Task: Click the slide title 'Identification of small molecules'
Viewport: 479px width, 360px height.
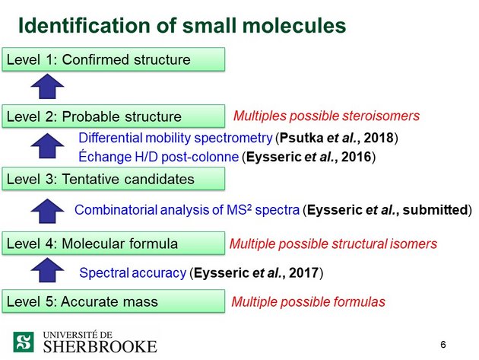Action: coord(182,26)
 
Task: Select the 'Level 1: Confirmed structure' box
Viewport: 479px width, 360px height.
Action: coord(114,59)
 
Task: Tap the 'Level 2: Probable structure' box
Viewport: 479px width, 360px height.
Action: coord(114,116)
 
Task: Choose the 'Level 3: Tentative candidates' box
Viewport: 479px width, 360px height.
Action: coord(114,180)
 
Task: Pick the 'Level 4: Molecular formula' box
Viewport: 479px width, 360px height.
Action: coord(114,244)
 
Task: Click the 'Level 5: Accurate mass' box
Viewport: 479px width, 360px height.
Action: coord(114,301)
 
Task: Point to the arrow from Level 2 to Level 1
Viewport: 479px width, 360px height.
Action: coord(47,88)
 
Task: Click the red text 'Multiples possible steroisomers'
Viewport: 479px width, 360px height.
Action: coord(326,116)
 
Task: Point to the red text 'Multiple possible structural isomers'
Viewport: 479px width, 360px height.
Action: coord(333,244)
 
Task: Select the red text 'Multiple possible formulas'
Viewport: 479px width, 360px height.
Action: coord(308,302)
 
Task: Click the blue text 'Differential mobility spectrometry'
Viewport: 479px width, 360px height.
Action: coord(176,138)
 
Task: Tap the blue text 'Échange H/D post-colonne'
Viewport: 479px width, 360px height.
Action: coord(158,158)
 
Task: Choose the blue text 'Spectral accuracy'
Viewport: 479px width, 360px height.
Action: coord(132,272)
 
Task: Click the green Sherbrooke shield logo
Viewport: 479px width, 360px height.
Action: coord(24,341)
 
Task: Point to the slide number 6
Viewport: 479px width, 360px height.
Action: coord(443,345)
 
